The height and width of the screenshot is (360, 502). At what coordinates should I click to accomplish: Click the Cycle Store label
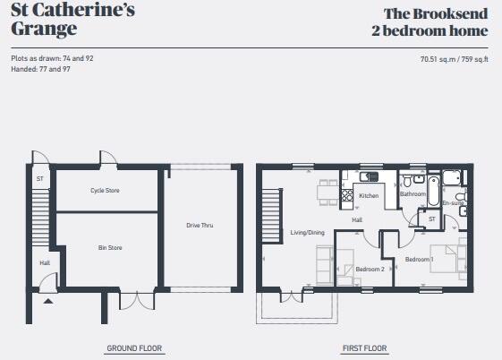click(105, 191)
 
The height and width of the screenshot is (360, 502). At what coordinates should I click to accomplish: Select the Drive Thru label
click(200, 225)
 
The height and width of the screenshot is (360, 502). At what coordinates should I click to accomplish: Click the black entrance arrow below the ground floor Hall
click(47, 301)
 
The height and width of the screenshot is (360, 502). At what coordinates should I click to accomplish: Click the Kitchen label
click(369, 195)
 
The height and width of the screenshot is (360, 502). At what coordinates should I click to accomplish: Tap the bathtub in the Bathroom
click(432, 191)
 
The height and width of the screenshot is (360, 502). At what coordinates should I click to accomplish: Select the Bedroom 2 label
click(369, 269)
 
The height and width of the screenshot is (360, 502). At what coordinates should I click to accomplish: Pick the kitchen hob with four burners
click(346, 193)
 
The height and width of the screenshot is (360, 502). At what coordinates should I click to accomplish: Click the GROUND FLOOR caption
click(134, 348)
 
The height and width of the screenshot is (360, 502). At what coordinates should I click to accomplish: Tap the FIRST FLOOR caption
click(364, 348)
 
